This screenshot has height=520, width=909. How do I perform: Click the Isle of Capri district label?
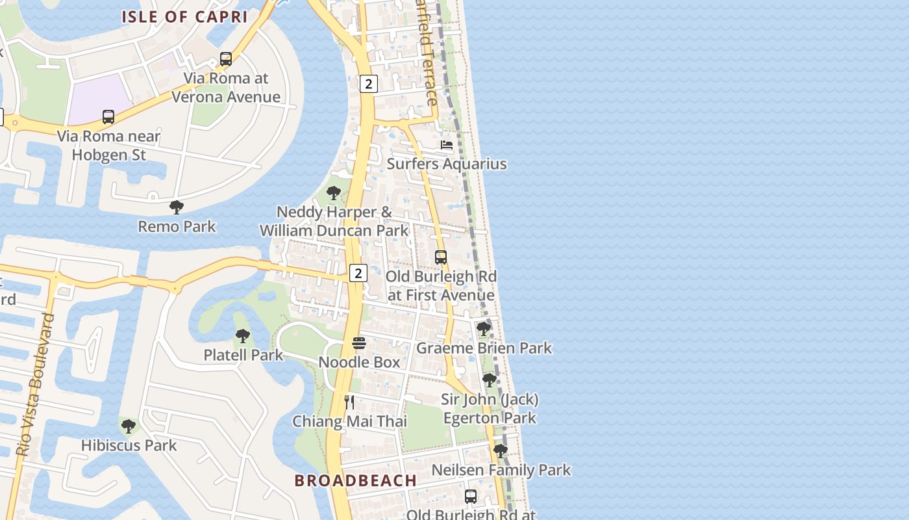click(x=185, y=17)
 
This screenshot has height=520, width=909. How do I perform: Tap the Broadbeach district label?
click(x=355, y=480)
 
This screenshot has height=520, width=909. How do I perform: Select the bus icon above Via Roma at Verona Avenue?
click(x=226, y=59)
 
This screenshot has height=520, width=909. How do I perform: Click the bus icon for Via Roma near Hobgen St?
click(x=108, y=118)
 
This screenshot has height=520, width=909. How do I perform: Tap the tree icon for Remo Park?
click(x=176, y=208)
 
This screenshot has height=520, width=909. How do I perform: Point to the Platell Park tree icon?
click(x=243, y=337)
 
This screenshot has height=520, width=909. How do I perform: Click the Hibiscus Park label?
click(x=129, y=445)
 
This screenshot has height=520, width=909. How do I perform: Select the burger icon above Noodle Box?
click(x=359, y=343)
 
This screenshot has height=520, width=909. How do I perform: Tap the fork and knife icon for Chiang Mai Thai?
click(x=349, y=402)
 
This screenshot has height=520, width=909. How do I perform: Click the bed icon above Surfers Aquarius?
click(x=447, y=145)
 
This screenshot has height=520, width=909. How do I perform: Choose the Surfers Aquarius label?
click(x=447, y=164)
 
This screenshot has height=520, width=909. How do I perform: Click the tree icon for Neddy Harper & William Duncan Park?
click(x=334, y=193)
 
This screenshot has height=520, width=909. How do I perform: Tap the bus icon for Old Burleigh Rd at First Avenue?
click(x=441, y=257)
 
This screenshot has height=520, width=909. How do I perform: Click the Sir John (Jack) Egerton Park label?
click(x=490, y=408)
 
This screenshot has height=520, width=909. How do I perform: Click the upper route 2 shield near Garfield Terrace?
click(x=368, y=83)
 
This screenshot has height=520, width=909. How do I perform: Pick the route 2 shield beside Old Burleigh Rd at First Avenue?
click(x=358, y=273)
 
